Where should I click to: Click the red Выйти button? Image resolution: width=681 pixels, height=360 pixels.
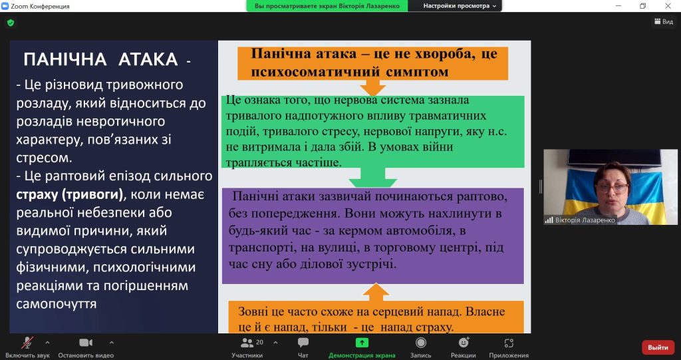point(658,347)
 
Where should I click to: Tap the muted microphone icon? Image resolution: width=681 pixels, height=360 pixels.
point(27,343)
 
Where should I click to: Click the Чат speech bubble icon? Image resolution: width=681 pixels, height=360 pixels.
point(303,343)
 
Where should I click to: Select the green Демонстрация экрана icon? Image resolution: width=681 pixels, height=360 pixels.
point(362,343)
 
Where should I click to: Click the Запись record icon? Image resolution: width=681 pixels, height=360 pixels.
point(420,343)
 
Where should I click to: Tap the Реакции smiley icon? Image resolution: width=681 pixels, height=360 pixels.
point(464,343)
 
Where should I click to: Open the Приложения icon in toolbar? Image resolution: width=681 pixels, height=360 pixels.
point(509,343)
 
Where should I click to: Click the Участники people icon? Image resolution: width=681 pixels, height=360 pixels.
point(247,343)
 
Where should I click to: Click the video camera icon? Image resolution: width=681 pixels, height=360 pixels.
point(86,343)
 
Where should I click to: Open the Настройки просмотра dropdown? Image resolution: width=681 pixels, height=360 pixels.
point(459,6)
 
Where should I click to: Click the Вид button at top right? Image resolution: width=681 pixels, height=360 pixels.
point(664,21)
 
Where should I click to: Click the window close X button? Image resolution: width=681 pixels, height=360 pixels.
point(668,5)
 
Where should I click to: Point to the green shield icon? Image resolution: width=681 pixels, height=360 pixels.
point(11,23)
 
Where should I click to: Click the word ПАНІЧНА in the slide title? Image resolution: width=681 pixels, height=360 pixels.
point(65,60)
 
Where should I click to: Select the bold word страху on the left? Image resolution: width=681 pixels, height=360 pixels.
point(38,194)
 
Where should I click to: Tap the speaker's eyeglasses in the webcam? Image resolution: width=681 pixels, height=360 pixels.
point(613,188)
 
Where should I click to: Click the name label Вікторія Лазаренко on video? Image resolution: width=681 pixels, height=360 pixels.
point(585,220)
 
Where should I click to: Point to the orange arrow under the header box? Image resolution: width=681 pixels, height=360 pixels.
point(372,87)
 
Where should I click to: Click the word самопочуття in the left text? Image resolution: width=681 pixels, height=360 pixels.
point(57,304)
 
